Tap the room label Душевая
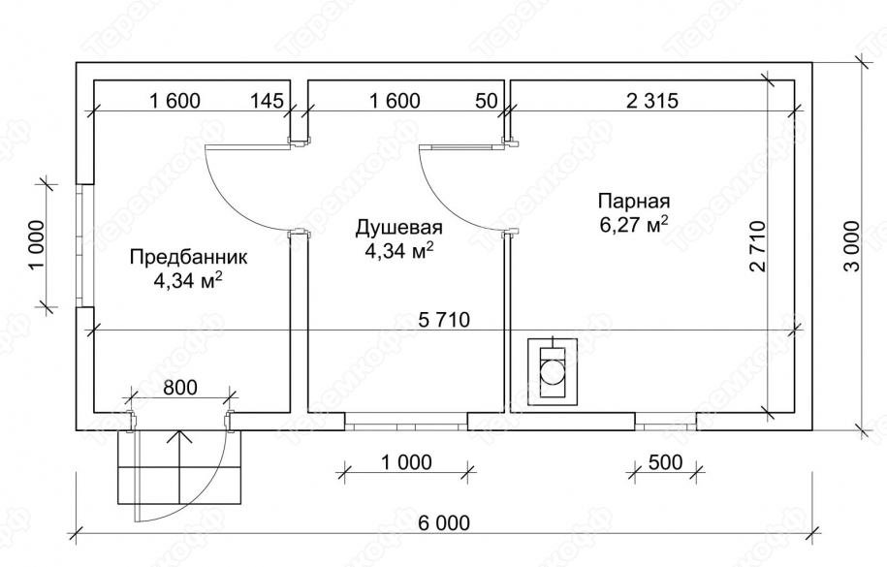[398, 229]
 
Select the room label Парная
[634, 202]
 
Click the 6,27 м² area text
[634, 225]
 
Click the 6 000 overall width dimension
[444, 523]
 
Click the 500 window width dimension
[664, 461]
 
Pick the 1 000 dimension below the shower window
[406, 461]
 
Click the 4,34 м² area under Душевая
[398, 251]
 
